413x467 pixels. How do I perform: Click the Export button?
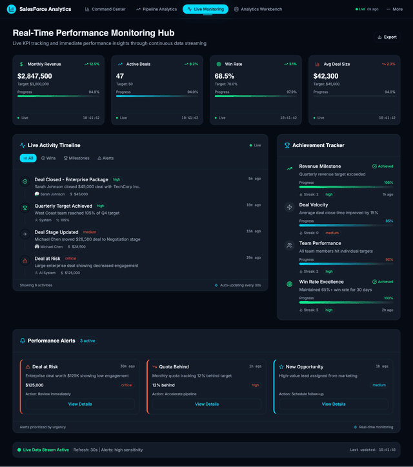(387, 37)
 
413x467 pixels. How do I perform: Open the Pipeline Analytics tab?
(156, 10)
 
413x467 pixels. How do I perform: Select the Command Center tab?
(105, 10)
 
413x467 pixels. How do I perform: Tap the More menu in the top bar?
(395, 10)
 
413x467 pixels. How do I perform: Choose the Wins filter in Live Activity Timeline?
(48, 158)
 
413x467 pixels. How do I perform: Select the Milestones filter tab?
(76, 158)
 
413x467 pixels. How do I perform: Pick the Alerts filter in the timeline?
(105, 158)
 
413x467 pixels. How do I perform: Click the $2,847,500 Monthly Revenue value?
(35, 76)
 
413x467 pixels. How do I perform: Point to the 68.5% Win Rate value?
(224, 76)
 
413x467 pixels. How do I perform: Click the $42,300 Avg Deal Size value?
(327, 76)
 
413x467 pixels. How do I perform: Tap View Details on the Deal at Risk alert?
(80, 404)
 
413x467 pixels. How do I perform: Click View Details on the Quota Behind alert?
(206, 404)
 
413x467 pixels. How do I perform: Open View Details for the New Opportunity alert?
(333, 404)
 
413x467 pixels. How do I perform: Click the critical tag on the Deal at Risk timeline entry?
(70, 259)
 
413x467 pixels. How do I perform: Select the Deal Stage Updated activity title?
(56, 232)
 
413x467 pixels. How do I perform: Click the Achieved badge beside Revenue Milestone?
(383, 166)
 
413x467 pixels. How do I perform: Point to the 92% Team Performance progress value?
(388, 259)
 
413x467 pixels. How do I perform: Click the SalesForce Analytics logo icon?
(12, 10)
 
